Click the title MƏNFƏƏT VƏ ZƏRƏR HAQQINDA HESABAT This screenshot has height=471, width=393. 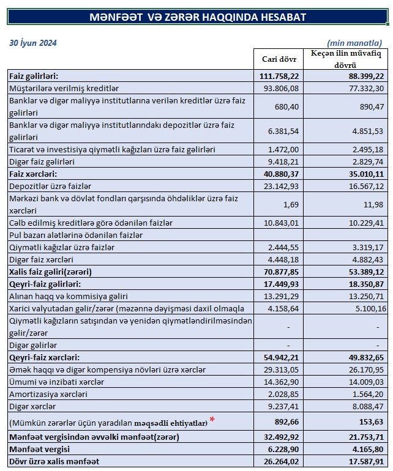click(197, 17)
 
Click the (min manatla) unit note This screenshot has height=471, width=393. click(354, 43)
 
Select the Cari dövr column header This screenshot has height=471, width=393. click(279, 59)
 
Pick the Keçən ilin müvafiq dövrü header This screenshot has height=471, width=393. click(346, 59)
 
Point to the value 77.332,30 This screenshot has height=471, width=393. click(366, 89)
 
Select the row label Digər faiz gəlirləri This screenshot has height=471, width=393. click(42, 161)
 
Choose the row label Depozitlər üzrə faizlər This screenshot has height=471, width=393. click(50, 186)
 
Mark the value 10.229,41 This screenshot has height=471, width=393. click(366, 222)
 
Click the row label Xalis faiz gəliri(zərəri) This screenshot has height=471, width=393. click(54, 271)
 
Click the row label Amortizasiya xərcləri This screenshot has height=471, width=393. click(48, 393)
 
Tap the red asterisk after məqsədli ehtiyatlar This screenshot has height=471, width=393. click(212, 420)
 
